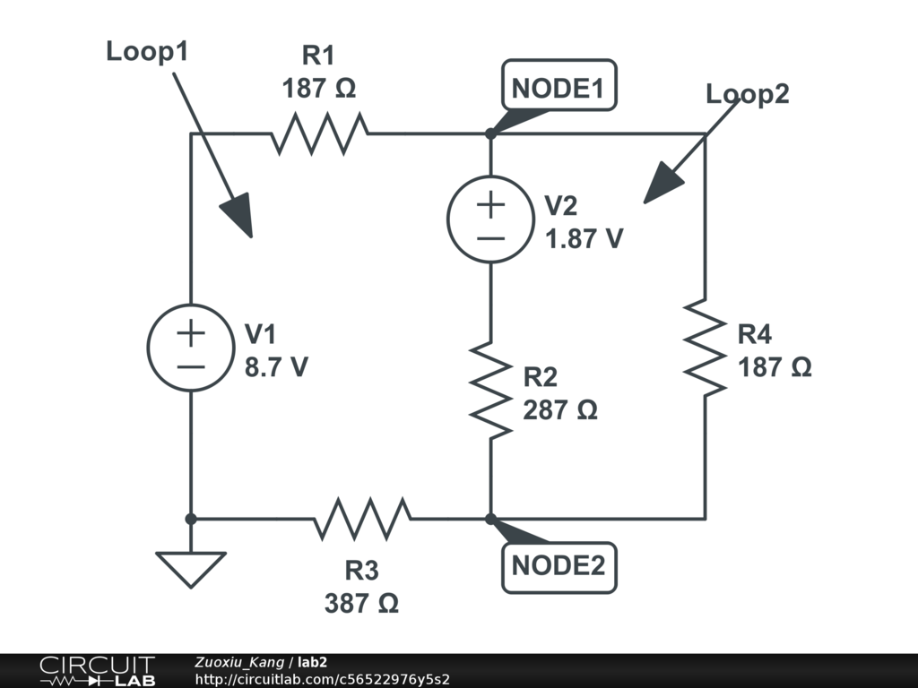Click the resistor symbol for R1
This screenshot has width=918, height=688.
coord(319,133)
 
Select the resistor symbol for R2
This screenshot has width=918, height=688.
coord(490,388)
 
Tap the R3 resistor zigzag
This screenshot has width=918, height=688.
coord(362,519)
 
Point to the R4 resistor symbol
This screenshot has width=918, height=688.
coord(705,347)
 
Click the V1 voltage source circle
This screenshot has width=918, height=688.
coord(190,347)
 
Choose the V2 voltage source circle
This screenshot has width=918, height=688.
coord(490,219)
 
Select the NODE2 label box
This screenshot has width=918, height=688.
coord(559,566)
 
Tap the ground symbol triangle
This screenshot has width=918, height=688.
coord(190,568)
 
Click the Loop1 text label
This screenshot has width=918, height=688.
coord(147,51)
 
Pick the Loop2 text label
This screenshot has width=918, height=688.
coord(747,94)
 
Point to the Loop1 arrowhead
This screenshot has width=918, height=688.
coord(237,216)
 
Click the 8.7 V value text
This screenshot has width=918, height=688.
coord(276,367)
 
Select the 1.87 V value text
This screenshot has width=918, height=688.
coord(584,239)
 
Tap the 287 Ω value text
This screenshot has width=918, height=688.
coord(559,409)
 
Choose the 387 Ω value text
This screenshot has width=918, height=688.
coord(361,603)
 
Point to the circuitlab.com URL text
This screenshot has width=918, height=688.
coord(322,679)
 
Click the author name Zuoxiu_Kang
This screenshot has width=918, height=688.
coord(238,663)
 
